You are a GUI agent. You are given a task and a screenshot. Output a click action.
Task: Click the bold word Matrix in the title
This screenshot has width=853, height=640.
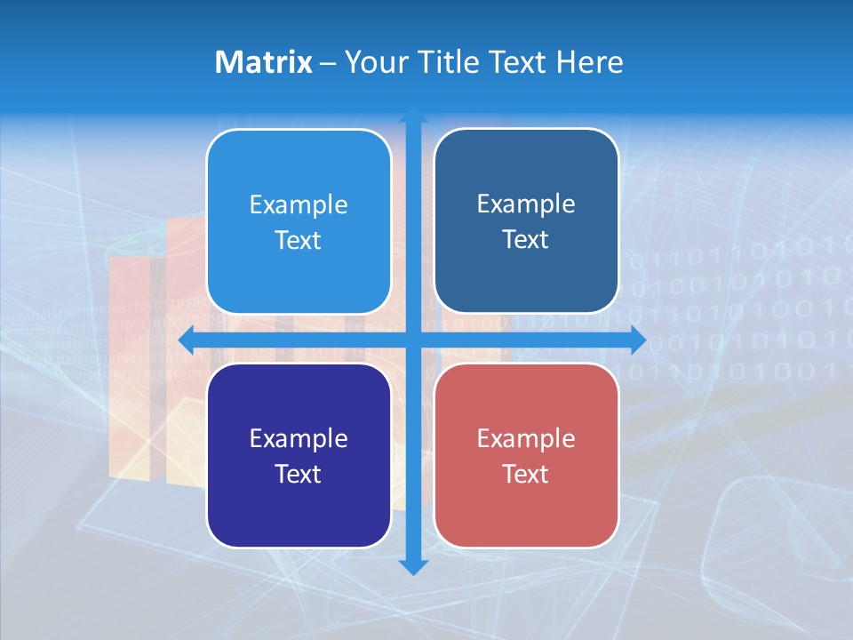coord(264,62)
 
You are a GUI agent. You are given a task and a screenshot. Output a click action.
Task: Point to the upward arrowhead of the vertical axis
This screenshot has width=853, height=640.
coord(413,116)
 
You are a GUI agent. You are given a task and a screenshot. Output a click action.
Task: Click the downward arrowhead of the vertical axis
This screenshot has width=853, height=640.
coord(413,566)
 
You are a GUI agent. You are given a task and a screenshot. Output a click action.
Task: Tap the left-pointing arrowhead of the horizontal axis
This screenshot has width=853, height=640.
coord(187,340)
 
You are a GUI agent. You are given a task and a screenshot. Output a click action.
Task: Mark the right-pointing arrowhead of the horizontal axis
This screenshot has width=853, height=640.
coord(637,340)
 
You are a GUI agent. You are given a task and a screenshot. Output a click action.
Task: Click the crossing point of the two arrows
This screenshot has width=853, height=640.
coord(413,340)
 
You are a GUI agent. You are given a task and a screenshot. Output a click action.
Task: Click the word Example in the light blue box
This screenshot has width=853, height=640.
coord(299,205)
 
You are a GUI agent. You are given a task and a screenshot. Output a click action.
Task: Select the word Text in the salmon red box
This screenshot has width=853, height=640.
coord(526,475)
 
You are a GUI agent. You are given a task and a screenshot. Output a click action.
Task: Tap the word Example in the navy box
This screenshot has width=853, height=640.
coord(299,439)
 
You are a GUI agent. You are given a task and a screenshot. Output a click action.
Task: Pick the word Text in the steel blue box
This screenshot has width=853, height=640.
coord(526,240)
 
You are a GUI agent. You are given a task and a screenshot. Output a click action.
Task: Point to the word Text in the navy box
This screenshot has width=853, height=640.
coord(299,475)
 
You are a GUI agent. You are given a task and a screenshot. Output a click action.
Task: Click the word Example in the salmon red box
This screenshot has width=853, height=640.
coord(526,439)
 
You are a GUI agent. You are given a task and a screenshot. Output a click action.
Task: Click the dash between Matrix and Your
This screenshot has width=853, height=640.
coord(329,63)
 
